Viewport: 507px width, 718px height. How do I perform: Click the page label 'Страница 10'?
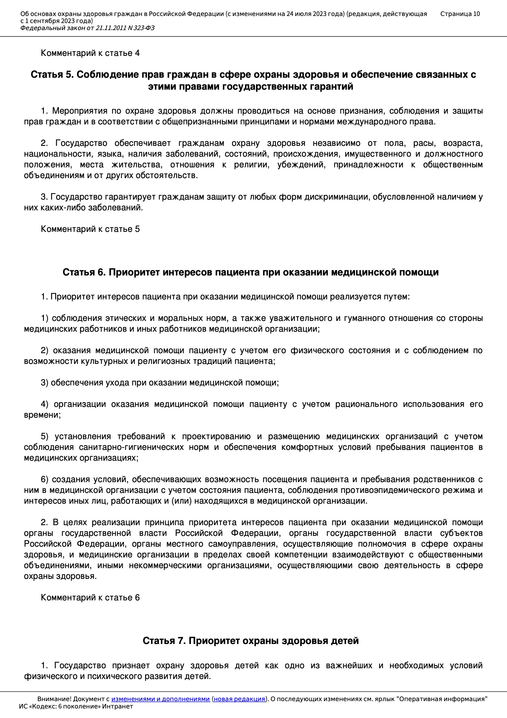pyautogui.click(x=460, y=14)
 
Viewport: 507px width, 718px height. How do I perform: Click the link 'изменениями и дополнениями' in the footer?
pyautogui.click(x=160, y=699)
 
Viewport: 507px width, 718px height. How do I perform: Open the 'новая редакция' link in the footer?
pyautogui.click(x=239, y=699)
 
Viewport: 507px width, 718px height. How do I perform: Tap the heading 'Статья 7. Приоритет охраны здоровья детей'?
pyautogui.click(x=251, y=641)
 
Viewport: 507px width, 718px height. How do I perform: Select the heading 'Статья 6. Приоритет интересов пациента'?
pyautogui.click(x=251, y=272)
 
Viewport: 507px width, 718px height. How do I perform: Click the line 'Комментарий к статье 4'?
pyautogui.click(x=90, y=53)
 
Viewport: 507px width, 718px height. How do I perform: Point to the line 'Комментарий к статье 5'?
pyautogui.click(x=90, y=229)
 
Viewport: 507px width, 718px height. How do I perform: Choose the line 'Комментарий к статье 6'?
pyautogui.click(x=90, y=598)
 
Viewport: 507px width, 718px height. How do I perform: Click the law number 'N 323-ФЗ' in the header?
pyautogui.click(x=141, y=28)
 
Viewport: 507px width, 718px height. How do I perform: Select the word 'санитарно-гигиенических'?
pyautogui.click(x=131, y=447)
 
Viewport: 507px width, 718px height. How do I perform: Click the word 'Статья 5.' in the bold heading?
pyautogui.click(x=52, y=75)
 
